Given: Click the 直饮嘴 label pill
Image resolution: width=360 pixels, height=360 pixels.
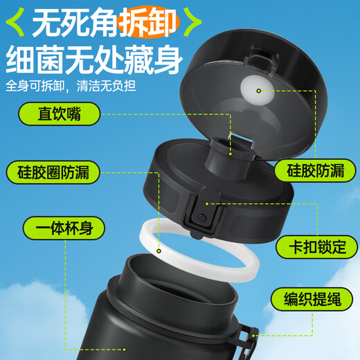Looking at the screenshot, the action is pos(60,114).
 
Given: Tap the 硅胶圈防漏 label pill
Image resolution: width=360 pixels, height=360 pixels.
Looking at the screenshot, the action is pos(53,172).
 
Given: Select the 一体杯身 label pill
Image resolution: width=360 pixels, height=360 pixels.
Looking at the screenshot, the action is pos(64,228).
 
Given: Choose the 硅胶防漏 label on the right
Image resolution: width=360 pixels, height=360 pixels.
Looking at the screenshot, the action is pos(315,171).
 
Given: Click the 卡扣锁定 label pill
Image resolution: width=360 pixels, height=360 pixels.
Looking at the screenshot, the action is pos(317,247).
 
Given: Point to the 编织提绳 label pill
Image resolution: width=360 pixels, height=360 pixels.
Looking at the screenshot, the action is pos(312,299).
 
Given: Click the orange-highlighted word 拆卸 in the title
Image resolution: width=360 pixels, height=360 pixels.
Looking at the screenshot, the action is pos(148,22).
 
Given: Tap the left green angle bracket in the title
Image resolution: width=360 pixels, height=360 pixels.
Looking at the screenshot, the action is pos(15,22).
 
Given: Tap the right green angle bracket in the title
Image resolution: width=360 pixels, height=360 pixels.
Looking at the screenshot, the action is pos(192,22).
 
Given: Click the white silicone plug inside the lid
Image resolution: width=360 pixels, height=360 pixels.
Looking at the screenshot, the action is pos(258,90).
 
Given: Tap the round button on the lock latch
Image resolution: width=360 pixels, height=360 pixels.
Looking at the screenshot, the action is pos(201,217).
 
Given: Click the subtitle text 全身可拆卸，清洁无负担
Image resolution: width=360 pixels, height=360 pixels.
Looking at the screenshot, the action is pos(71,86).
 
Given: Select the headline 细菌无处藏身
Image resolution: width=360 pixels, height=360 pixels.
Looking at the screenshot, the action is pos(94,60).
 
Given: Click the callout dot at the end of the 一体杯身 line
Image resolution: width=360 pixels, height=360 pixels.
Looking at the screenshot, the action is pos(124,350).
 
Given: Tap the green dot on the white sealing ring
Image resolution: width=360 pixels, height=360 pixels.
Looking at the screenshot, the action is pos(159,251).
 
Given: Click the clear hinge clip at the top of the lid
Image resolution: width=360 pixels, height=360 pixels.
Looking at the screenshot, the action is pos(261,59).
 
